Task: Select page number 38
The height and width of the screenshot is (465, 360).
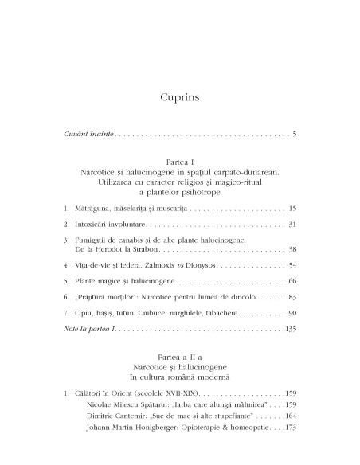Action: pos(292,272)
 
